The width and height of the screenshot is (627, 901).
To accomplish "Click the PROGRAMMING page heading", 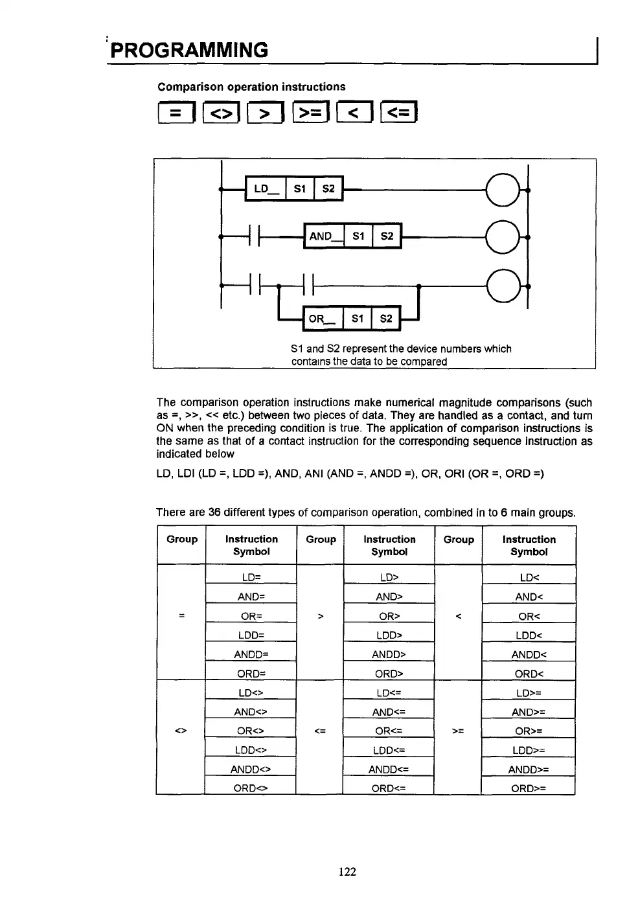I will tap(189, 51).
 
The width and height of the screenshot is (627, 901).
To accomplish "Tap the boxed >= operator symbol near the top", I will tap(311, 113).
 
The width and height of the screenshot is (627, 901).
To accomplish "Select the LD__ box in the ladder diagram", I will tap(265, 189).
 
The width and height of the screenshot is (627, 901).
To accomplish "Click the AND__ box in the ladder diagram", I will tap(324, 236).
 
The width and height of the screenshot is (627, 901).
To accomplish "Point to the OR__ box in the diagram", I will tap(323, 319).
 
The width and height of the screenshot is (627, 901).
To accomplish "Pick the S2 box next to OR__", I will tap(386, 319).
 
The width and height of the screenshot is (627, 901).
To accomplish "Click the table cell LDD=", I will tap(251, 635).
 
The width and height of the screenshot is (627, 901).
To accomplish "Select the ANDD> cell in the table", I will tap(389, 654).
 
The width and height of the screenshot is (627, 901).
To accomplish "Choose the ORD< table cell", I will tap(529, 674).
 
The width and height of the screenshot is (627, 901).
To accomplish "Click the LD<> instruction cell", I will tap(251, 692).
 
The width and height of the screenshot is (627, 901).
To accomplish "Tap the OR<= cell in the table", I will tap(389, 731).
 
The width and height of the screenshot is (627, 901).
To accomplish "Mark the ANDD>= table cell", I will tap(529, 770).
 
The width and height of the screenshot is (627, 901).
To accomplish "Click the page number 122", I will tap(347, 872).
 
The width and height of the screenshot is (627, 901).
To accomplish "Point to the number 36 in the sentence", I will tap(215, 513).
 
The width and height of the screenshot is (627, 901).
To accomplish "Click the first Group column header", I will tap(182, 540).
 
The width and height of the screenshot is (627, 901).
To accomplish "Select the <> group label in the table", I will tap(181, 731).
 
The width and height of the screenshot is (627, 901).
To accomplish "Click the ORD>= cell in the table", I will tap(529, 788).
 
